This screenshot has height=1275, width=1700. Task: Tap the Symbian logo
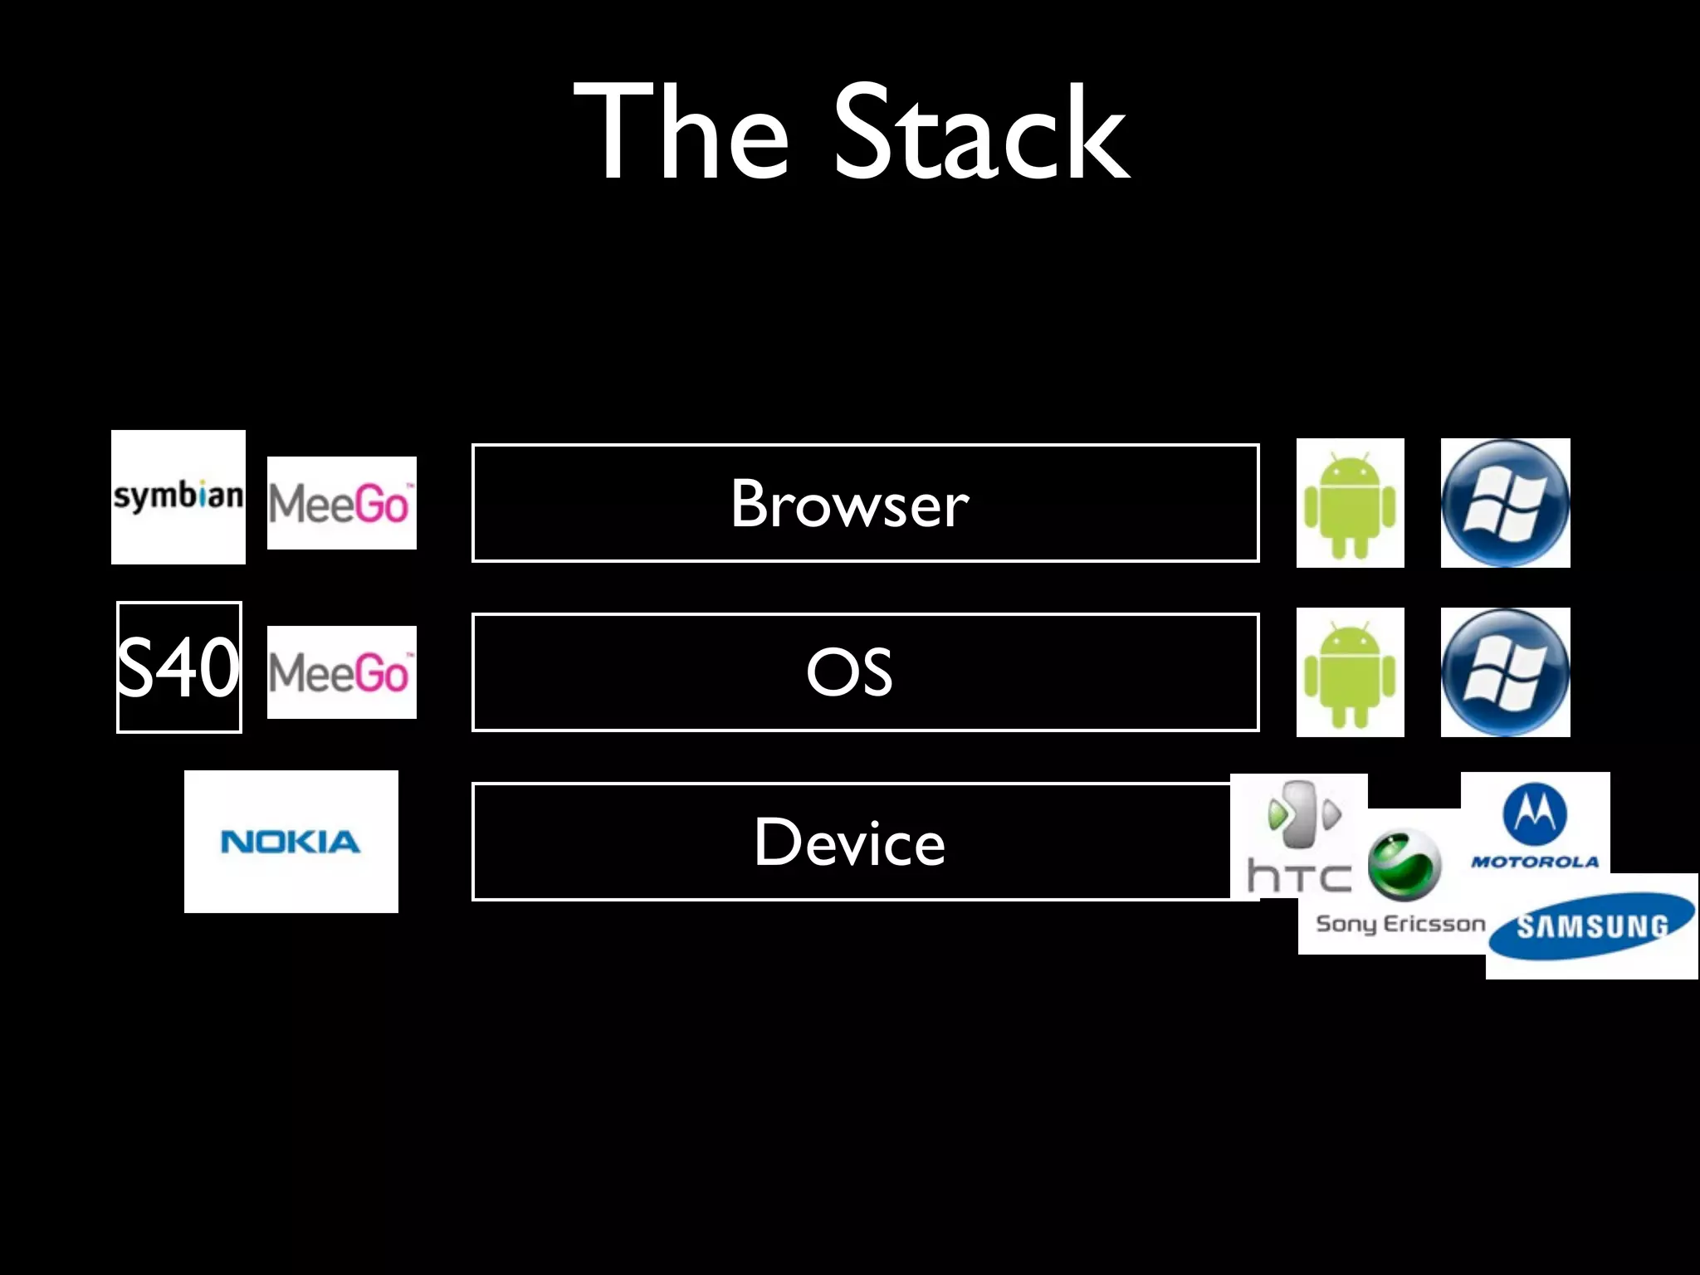point(178,496)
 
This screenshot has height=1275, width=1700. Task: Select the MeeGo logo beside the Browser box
point(341,503)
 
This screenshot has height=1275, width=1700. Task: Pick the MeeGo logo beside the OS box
point(341,672)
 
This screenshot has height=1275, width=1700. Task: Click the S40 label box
point(178,667)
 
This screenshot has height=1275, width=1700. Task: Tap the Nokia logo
point(291,842)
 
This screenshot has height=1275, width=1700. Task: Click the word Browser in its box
point(850,504)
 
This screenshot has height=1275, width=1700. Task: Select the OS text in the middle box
point(850,672)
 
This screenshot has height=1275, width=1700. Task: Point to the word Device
point(850,843)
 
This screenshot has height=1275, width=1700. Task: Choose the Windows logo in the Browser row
point(1505,503)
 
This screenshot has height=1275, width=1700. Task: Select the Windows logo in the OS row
point(1505,672)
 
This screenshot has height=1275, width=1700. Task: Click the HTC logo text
point(1299,877)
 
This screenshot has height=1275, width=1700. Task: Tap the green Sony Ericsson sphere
point(1404,866)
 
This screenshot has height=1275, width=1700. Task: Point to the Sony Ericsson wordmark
point(1400,924)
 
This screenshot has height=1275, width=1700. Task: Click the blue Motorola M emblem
point(1535,815)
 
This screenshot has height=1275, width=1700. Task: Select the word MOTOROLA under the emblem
point(1535,862)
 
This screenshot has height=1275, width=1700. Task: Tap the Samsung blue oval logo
point(1591,926)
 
